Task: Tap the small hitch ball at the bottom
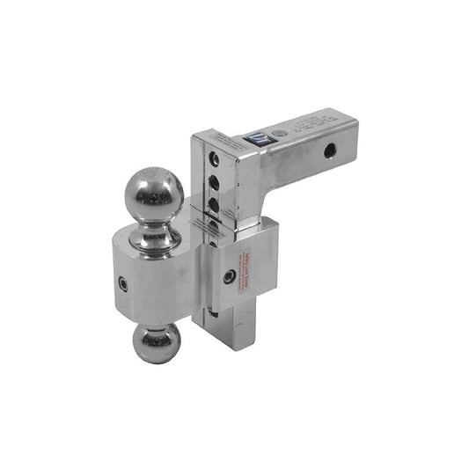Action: (157, 343)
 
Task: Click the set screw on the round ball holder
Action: (124, 284)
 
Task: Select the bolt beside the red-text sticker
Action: (229, 276)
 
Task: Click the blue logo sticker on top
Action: (262, 138)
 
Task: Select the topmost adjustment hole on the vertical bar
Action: (213, 159)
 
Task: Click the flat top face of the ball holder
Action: (132, 246)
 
